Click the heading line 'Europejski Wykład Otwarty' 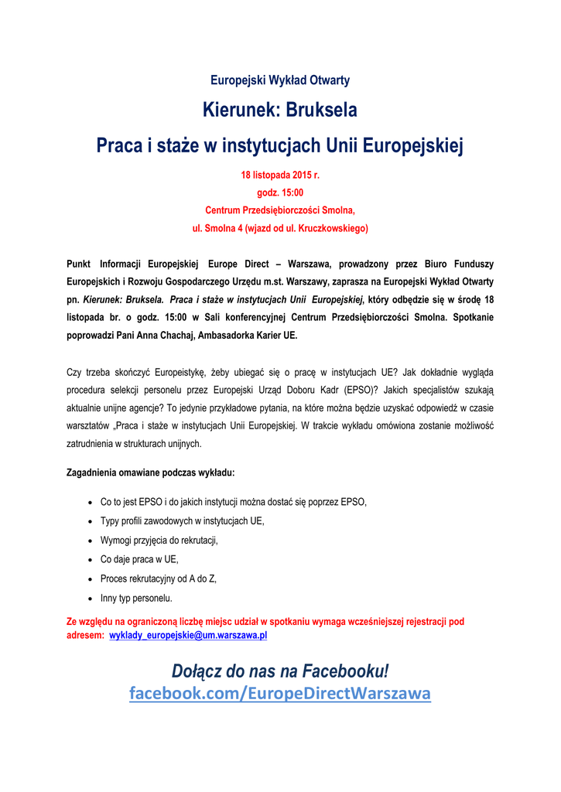pyautogui.click(x=280, y=80)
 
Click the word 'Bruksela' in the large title pyautogui.click(x=321, y=111)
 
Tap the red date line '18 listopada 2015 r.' pyautogui.click(x=280, y=176)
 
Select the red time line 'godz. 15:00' pyautogui.click(x=280, y=193)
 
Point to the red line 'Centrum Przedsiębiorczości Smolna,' pyautogui.click(x=280, y=210)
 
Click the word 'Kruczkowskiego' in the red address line pyautogui.click(x=328, y=228)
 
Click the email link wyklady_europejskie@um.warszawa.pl pyautogui.click(x=188, y=635)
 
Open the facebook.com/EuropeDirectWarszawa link pyautogui.click(x=280, y=693)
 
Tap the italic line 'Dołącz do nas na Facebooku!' pyautogui.click(x=280, y=670)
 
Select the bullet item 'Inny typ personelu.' pyautogui.click(x=136, y=598)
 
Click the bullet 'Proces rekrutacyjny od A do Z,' pyautogui.click(x=158, y=579)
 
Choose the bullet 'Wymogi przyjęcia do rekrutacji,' pyautogui.click(x=159, y=540)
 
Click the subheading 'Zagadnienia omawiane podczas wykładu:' pyautogui.click(x=151, y=472)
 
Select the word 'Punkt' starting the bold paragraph pyautogui.click(x=80, y=264)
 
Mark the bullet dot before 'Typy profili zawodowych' pyautogui.click(x=92, y=521)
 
